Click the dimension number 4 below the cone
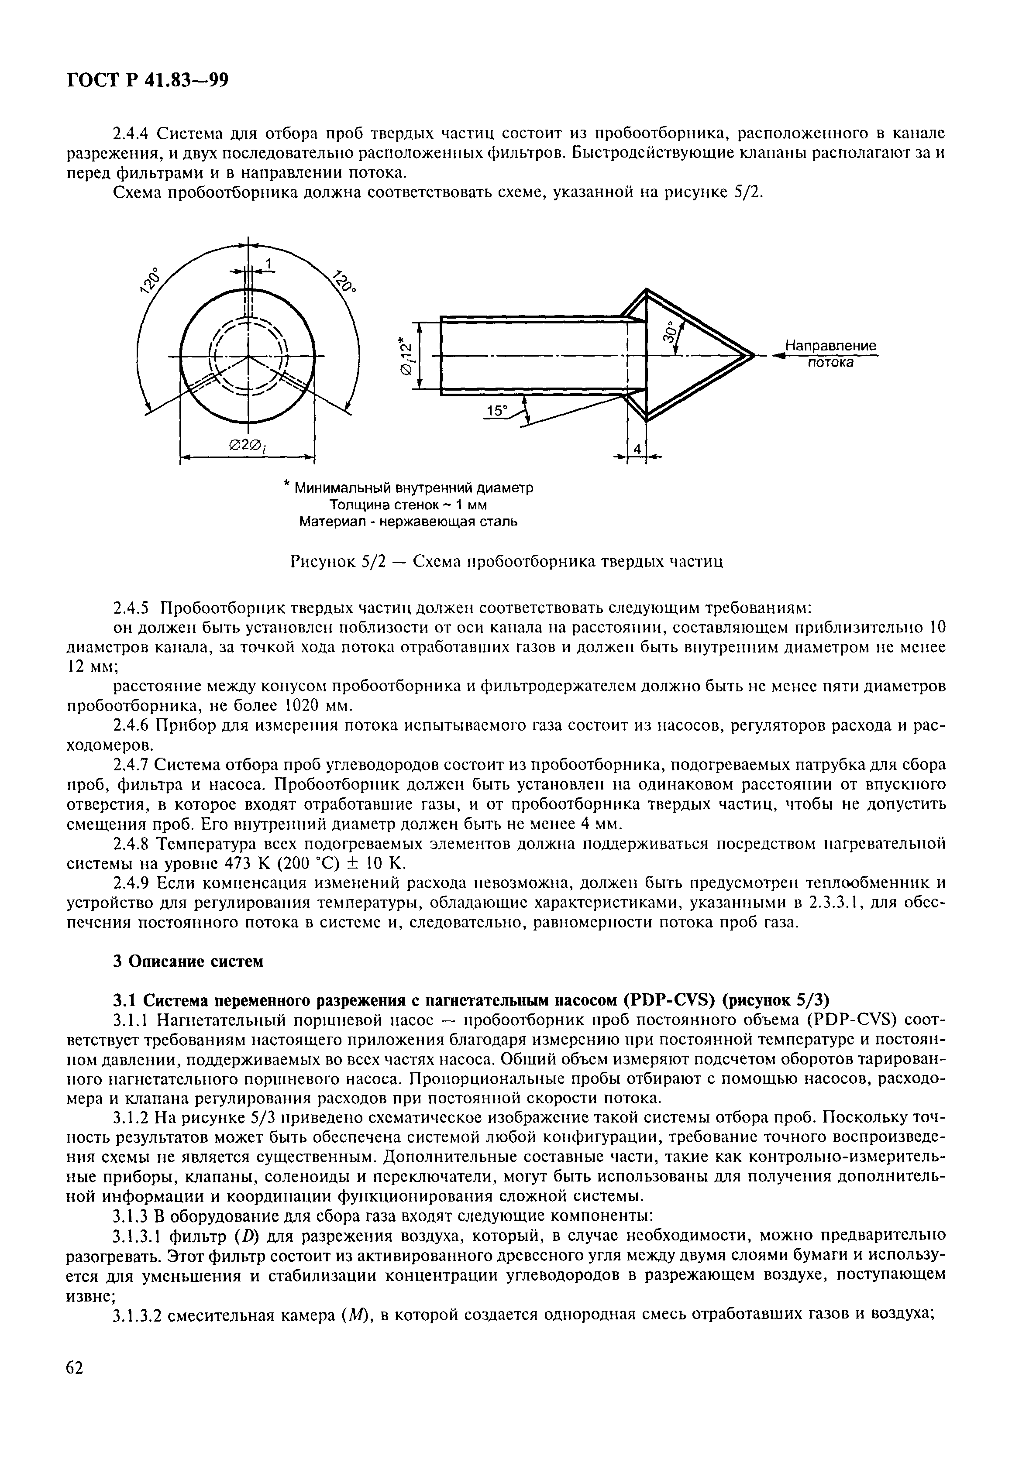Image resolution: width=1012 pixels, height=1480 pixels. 636,449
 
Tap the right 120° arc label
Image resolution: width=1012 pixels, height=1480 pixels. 344,280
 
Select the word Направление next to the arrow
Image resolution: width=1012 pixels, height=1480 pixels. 830,346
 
